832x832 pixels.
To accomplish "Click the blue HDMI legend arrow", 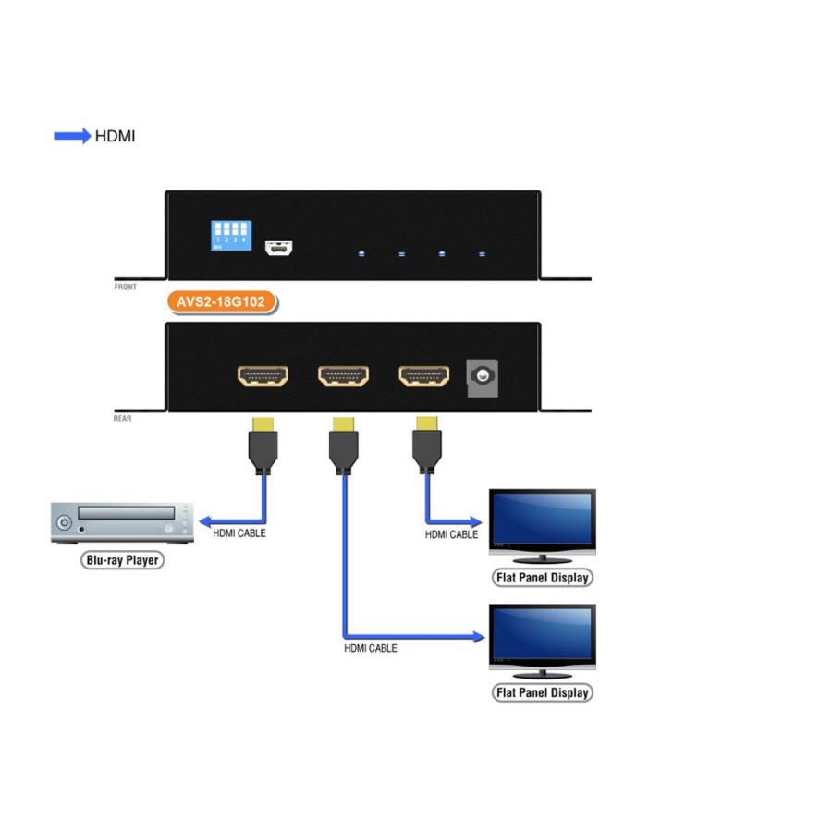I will pyautogui.click(x=72, y=137).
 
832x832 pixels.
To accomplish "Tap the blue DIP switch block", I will pyautogui.click(x=230, y=235).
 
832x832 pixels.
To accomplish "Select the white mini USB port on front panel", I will pyautogui.click(x=278, y=248).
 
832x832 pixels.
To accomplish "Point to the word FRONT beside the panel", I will pyautogui.click(x=125, y=288).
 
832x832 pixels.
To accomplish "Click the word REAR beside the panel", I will pyautogui.click(x=122, y=419).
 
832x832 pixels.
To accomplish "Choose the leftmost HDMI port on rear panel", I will pyautogui.click(x=263, y=375).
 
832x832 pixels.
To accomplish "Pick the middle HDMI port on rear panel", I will pyautogui.click(x=343, y=375).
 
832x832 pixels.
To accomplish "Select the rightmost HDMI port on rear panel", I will pyautogui.click(x=423, y=375).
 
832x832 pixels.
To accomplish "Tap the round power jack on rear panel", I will pyautogui.click(x=481, y=376).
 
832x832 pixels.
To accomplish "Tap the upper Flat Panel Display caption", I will pyautogui.click(x=542, y=578).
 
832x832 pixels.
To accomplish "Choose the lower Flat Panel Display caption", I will pyautogui.click(x=542, y=692).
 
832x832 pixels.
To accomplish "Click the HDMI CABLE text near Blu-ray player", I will pyautogui.click(x=239, y=533).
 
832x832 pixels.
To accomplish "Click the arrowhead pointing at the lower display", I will pyautogui.click(x=478, y=637).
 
